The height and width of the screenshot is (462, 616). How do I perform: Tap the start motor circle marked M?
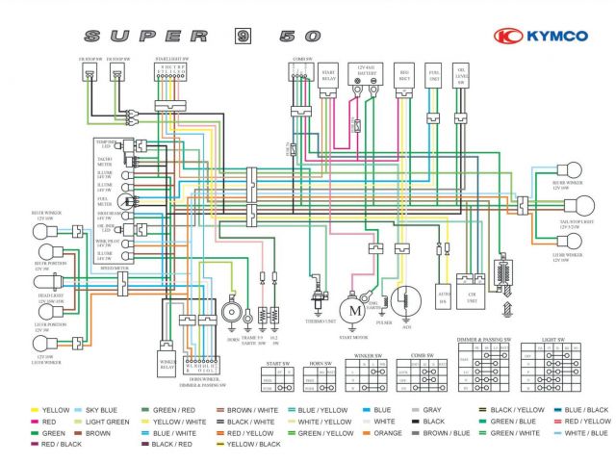(353, 310)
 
